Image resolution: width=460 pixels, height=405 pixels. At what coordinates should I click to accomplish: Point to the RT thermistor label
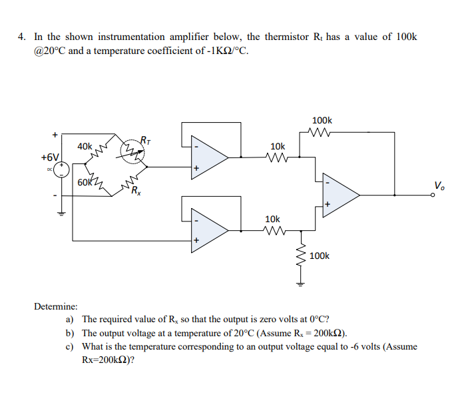click(145, 139)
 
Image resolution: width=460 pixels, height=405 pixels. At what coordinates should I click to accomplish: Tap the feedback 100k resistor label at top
click(322, 120)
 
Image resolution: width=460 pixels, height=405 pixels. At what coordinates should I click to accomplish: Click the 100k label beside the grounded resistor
click(320, 256)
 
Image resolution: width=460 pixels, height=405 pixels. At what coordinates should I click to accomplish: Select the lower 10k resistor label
click(273, 219)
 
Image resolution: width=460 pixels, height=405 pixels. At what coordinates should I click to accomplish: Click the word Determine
click(55, 306)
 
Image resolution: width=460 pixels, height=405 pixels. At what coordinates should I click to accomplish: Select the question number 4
click(21, 37)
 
